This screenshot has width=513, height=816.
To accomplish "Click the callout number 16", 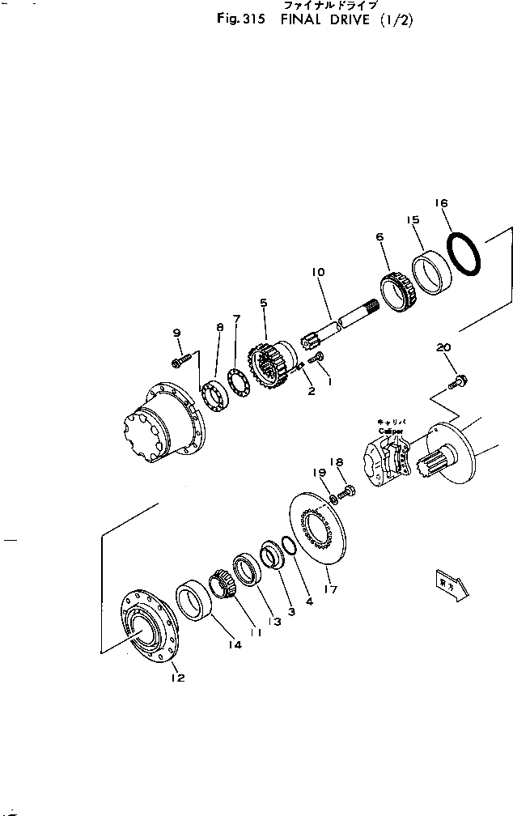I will point(442,203).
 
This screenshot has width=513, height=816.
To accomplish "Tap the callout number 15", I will point(413,220).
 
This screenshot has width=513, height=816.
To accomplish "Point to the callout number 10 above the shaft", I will point(317,273).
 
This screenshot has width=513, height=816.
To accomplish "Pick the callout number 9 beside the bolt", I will point(176,333).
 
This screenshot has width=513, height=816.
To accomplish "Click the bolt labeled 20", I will point(458,378).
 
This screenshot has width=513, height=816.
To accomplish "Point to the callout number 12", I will point(177,678).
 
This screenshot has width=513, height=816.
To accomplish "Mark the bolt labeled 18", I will point(349,490).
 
